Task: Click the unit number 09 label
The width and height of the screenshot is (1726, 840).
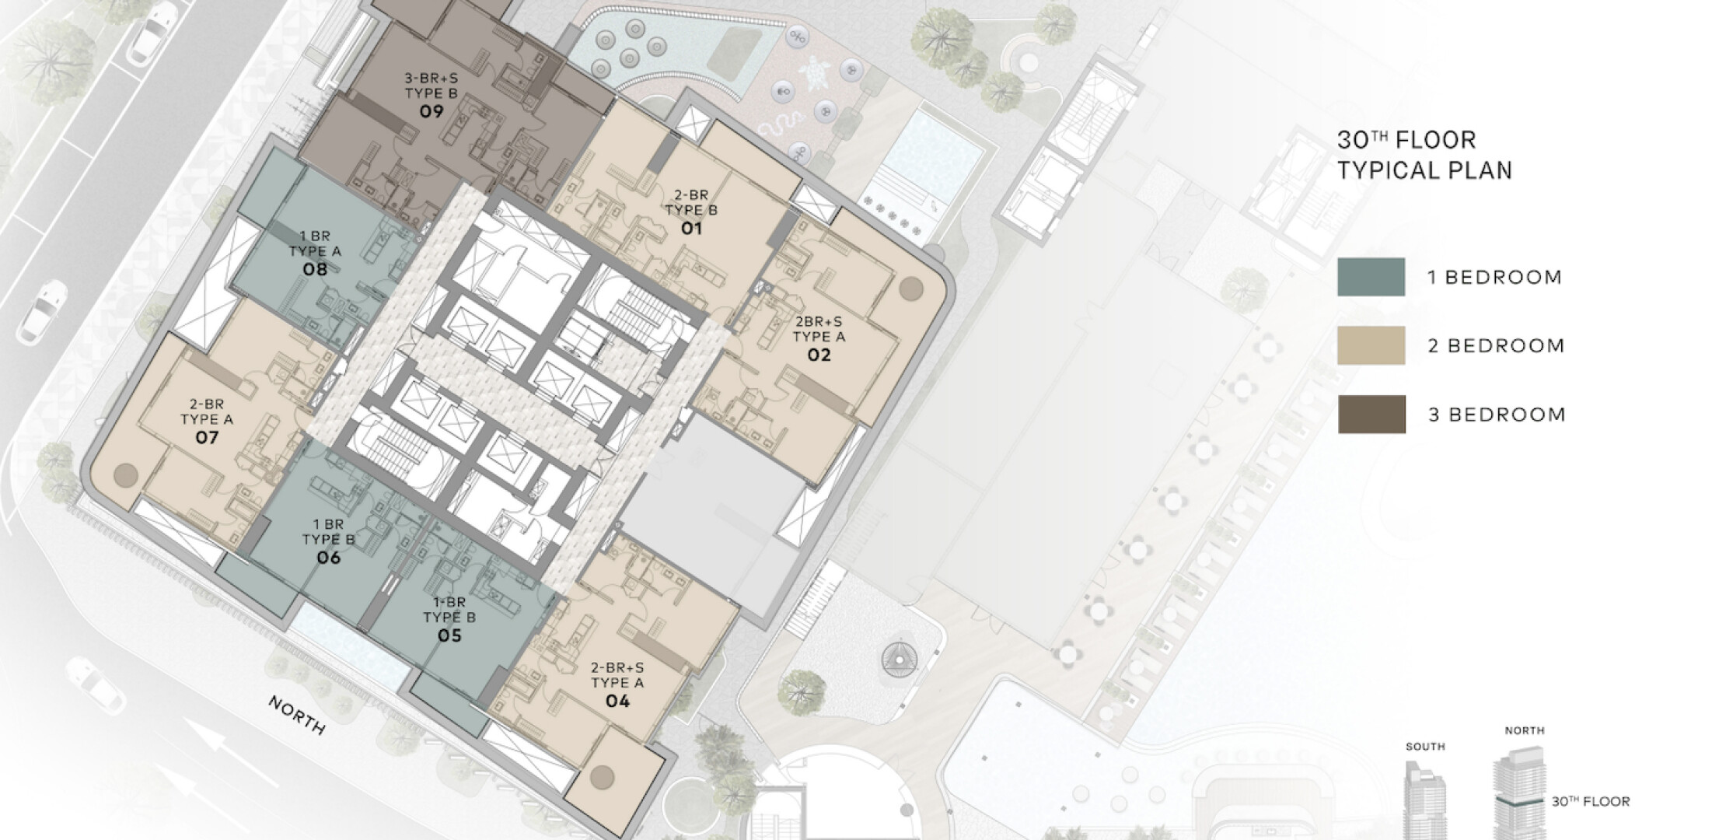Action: tap(432, 111)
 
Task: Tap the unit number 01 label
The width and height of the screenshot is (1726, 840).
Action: tap(691, 228)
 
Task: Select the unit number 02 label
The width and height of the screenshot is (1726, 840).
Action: tap(819, 355)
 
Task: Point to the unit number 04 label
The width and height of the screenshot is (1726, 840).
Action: tap(617, 701)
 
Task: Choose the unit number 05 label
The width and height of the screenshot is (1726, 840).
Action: tap(449, 635)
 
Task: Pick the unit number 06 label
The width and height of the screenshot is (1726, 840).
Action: tap(328, 558)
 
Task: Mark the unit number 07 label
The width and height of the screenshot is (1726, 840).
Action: tap(207, 437)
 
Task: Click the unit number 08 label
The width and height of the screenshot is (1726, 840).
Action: tap(315, 269)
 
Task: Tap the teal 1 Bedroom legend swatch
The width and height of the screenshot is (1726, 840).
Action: tap(1371, 277)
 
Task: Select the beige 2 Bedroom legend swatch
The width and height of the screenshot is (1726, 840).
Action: tap(1371, 345)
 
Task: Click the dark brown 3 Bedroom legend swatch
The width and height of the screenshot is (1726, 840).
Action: tap(1371, 414)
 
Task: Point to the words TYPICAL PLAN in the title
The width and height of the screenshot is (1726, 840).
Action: tap(1424, 170)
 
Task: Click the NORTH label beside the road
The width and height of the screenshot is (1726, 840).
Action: tap(297, 715)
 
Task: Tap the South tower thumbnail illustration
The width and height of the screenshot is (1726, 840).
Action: tap(1425, 797)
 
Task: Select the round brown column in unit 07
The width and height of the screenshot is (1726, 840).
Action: tap(125, 474)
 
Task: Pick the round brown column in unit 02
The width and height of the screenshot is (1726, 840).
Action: tap(911, 289)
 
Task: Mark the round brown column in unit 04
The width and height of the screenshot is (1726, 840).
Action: tap(602, 776)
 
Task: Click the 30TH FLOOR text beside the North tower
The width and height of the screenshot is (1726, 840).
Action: tap(1591, 801)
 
